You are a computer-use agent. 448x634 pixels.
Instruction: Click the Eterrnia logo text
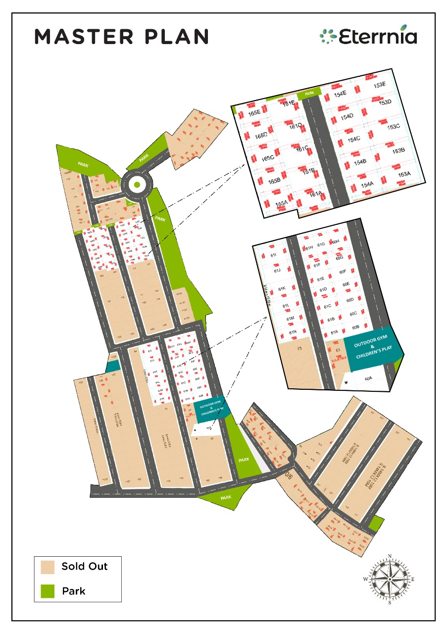pos(377,36)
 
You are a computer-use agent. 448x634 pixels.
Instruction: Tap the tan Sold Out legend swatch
pos(48,567)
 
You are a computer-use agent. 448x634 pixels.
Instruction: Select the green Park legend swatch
pos(48,591)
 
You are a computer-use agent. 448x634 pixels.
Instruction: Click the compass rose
pos(390,579)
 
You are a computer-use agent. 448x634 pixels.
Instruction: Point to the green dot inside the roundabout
pos(137,185)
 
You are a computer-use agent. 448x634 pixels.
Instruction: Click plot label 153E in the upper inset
pos(380,85)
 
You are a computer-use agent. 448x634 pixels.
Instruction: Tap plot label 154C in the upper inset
pos(353,139)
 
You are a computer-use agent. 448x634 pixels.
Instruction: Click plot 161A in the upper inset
pos(316,194)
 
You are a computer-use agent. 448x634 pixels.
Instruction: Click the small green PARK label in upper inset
pos(310,93)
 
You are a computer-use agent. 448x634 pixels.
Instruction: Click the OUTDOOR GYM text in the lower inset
pos(370,342)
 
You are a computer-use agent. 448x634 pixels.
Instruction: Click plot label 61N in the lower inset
pos(292,331)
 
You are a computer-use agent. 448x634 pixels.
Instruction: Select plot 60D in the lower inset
pos(350,300)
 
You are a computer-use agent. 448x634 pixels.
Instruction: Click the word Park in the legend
pos(74,591)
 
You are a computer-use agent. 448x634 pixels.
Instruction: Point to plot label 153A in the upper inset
pos(404,174)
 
